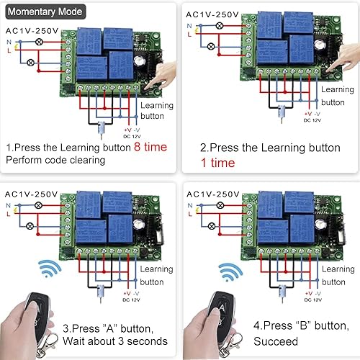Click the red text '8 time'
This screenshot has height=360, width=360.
150,146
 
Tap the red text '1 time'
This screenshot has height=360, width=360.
217,163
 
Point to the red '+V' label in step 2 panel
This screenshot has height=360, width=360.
307,114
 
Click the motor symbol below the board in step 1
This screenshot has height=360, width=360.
102,130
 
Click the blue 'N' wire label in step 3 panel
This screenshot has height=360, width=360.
8,206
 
